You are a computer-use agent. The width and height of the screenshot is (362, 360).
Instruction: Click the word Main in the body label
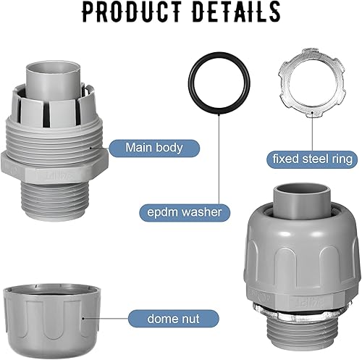pos(138,147)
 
